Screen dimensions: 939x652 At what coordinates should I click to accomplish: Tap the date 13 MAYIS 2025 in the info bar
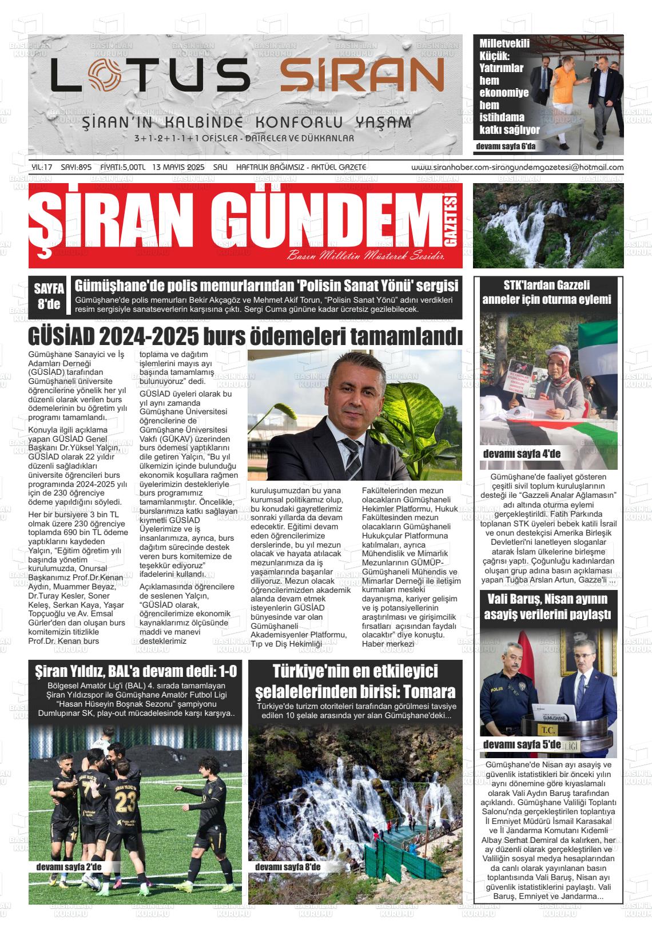[x=178, y=168]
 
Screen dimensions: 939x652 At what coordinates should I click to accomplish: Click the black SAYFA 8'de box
[x=49, y=296]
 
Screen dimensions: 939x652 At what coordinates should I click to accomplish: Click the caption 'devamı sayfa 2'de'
[x=69, y=867]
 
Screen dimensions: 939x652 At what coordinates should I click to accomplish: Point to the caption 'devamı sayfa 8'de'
[x=288, y=867]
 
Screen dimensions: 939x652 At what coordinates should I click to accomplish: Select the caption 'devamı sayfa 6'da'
[x=505, y=146]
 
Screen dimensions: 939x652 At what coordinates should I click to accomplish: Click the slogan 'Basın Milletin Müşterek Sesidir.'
[x=366, y=256]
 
